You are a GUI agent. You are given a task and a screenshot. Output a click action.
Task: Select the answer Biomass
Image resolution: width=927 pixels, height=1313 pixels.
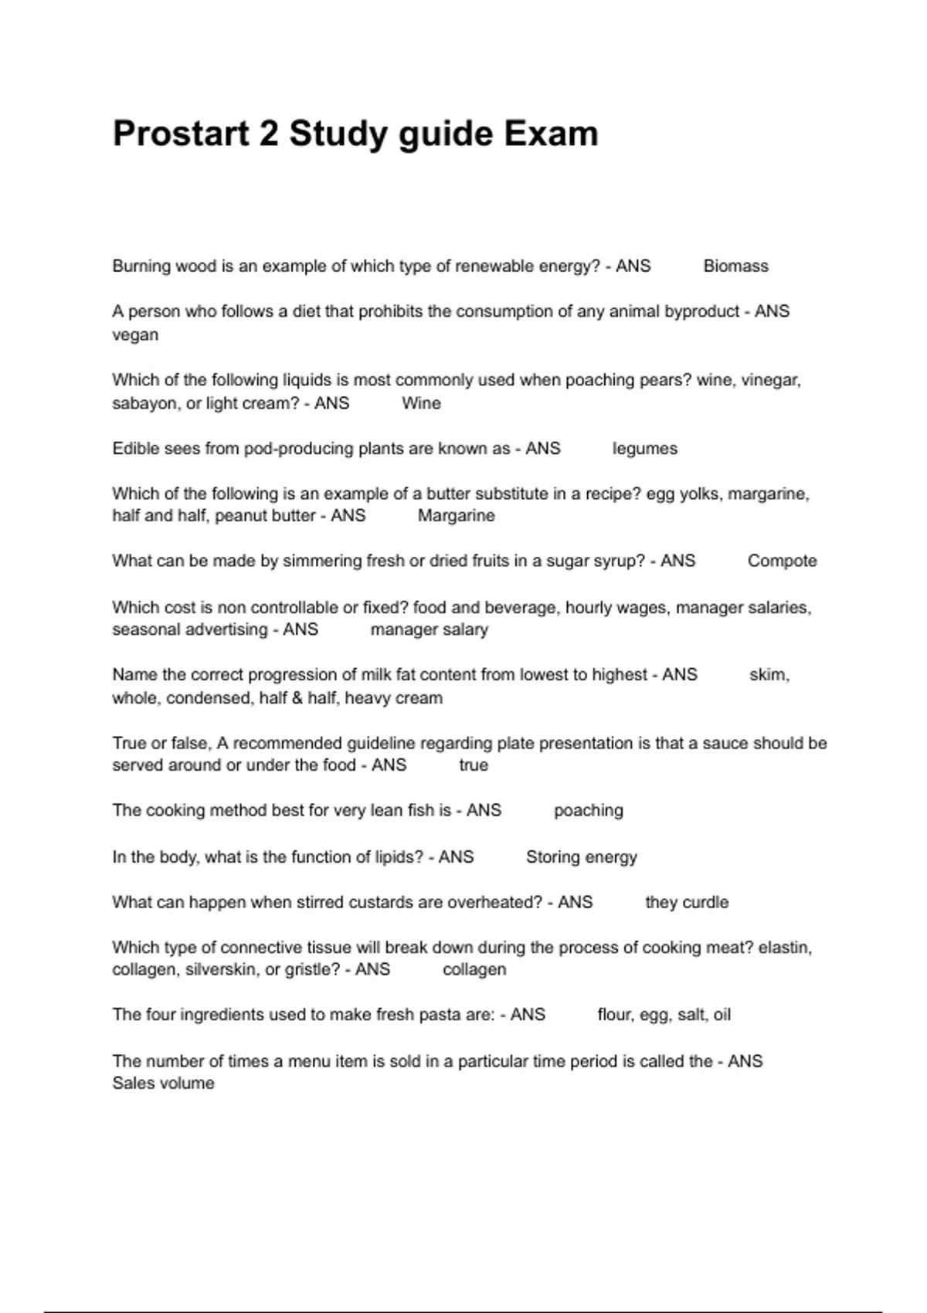pyautogui.click(x=735, y=266)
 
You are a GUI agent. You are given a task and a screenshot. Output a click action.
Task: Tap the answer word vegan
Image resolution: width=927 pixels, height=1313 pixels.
pyautogui.click(x=135, y=335)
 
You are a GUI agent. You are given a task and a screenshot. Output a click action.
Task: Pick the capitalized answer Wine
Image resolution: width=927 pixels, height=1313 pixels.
pyautogui.click(x=421, y=403)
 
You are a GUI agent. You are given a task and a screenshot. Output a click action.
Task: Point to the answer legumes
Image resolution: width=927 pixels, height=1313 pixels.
pyautogui.click(x=644, y=449)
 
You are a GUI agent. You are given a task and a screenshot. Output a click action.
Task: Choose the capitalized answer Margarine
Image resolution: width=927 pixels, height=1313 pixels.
pyautogui.click(x=456, y=516)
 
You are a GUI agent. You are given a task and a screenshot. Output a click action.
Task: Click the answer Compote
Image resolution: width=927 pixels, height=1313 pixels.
pyautogui.click(x=782, y=562)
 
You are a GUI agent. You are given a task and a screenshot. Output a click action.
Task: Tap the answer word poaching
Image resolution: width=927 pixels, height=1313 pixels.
pyautogui.click(x=588, y=811)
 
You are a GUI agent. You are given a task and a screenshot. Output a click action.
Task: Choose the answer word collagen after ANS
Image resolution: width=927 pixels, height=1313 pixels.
pyautogui.click(x=474, y=970)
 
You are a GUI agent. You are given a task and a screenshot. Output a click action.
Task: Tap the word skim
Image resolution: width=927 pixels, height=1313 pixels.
pyautogui.click(x=769, y=675)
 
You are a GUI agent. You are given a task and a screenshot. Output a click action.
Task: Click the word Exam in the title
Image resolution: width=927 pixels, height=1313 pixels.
pyautogui.click(x=551, y=134)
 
